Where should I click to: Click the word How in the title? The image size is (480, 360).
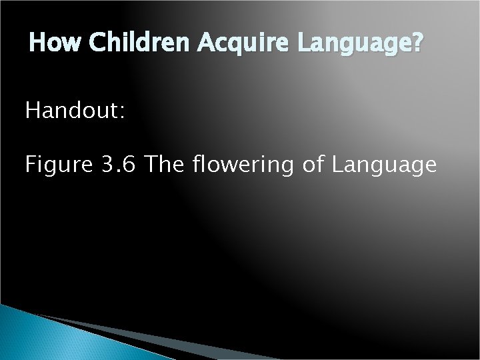56,45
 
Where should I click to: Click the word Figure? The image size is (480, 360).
59,165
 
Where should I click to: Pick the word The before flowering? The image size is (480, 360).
164,164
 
